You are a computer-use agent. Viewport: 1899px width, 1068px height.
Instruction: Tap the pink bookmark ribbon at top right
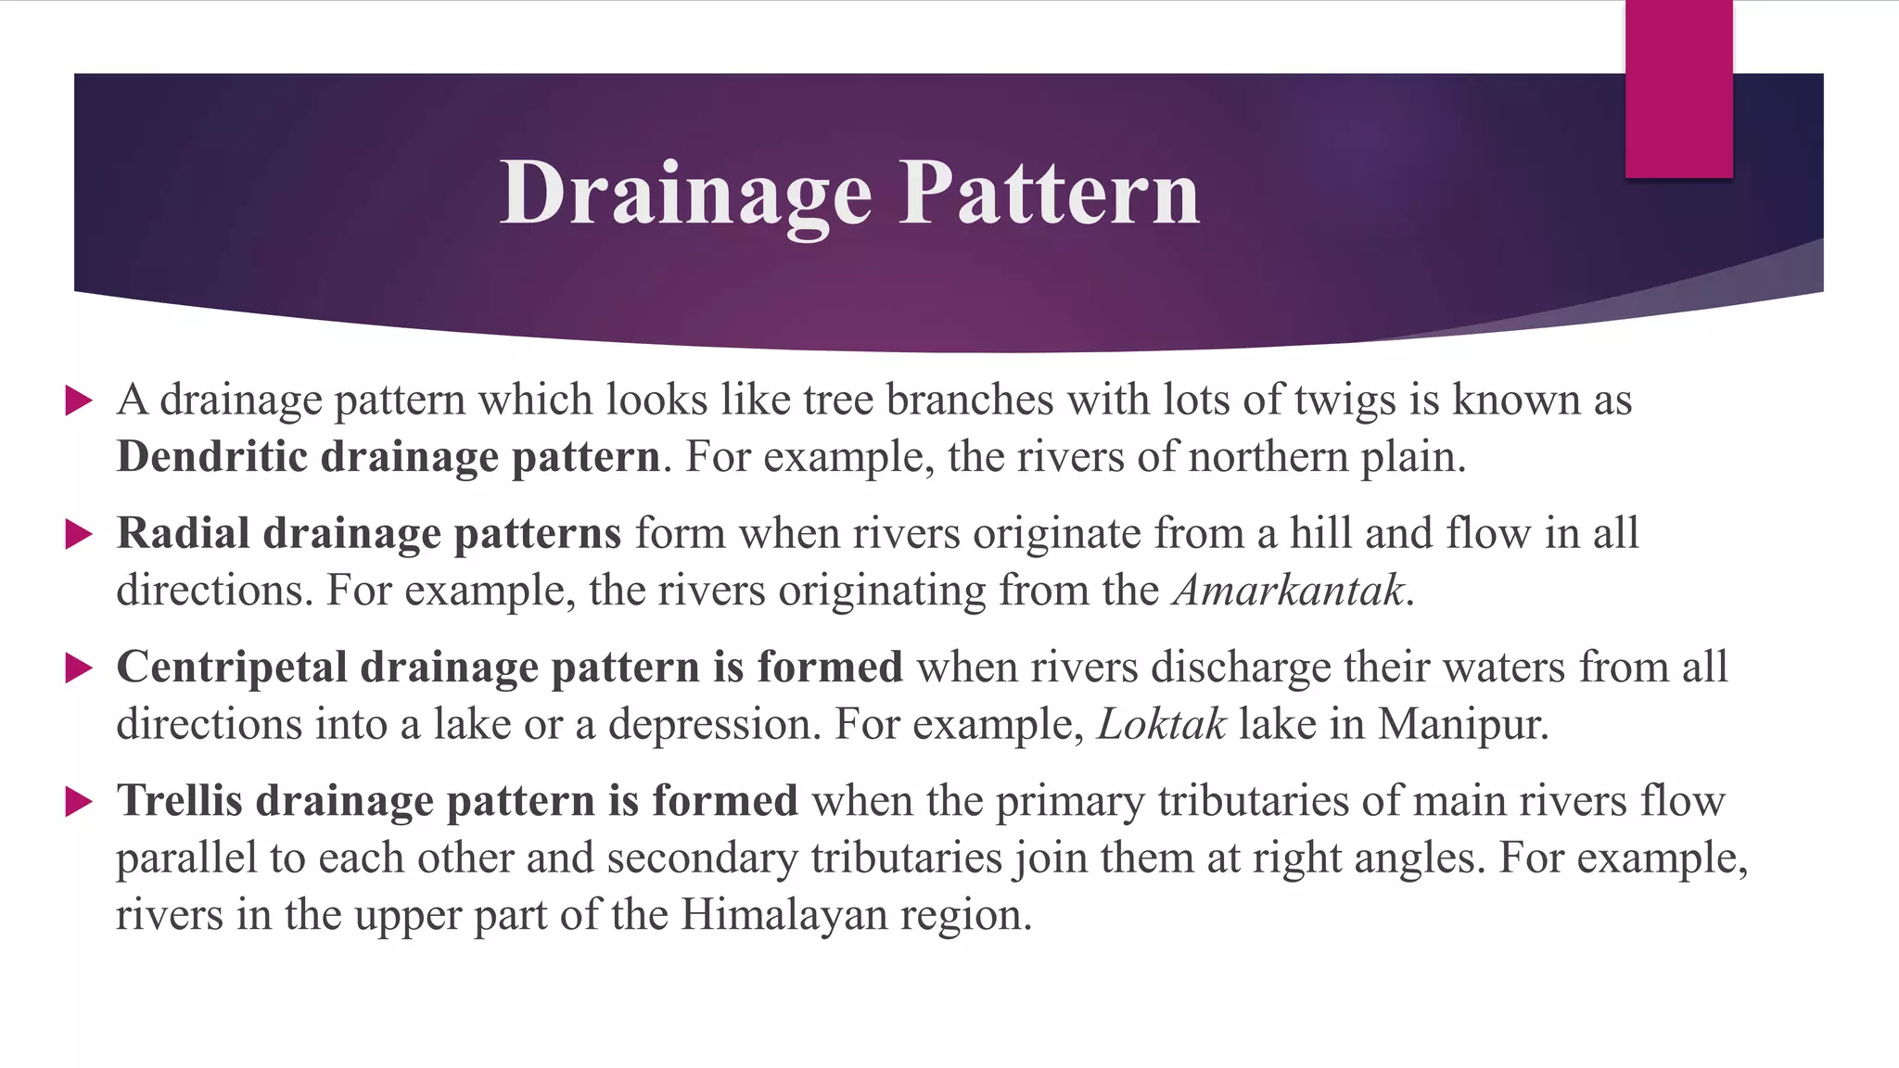point(1678,88)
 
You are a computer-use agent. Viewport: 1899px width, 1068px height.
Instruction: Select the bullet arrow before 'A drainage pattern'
point(79,401)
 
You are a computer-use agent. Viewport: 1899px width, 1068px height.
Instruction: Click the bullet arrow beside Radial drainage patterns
point(79,535)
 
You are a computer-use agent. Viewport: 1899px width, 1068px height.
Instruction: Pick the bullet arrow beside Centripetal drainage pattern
point(79,668)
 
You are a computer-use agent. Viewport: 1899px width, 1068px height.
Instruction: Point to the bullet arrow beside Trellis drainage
point(79,802)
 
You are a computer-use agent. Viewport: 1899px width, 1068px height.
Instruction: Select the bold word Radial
point(183,534)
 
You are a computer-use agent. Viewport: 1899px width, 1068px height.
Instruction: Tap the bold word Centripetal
point(231,667)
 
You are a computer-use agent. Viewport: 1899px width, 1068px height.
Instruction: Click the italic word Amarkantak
point(1288,591)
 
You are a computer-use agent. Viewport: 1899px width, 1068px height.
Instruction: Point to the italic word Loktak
point(1161,725)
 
